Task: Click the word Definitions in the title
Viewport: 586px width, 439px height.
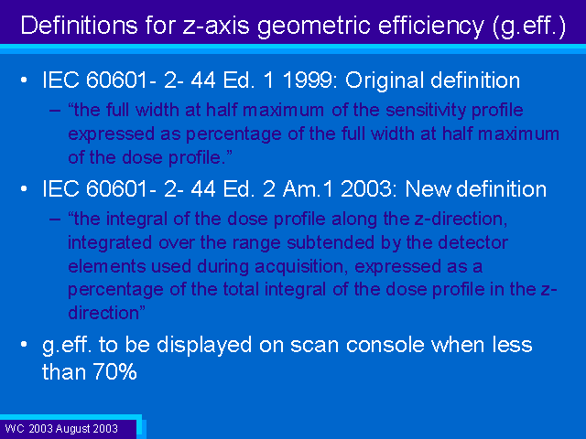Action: tap(79, 26)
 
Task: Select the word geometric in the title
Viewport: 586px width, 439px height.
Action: tap(315, 27)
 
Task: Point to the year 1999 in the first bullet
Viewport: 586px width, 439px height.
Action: tap(310, 80)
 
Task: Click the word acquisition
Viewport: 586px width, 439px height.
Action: tap(301, 267)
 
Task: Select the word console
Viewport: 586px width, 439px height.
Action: tap(385, 345)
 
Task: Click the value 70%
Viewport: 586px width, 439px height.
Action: tap(114, 372)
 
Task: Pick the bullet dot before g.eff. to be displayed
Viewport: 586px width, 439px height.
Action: tap(24, 344)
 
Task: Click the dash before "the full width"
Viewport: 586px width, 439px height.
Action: tap(55, 111)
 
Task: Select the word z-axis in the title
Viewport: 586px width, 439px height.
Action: tap(216, 27)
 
